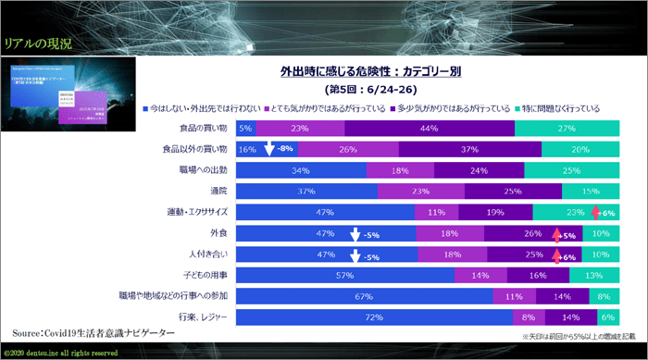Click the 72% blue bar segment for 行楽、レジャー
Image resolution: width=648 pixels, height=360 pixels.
point(373,317)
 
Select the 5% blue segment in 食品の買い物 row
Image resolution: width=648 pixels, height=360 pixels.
point(245,129)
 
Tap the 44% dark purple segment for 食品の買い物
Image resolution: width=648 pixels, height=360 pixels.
point(429,129)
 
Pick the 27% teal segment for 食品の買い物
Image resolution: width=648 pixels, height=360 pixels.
point(566,129)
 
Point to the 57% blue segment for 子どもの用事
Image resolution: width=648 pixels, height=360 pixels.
point(345,276)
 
